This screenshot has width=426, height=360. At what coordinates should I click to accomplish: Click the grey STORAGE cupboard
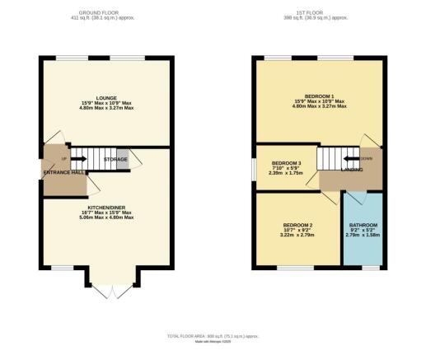pos(123,159)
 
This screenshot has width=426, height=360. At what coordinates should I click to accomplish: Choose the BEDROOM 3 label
pos(287,163)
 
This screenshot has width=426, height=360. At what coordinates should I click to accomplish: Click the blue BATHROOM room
pos(363,231)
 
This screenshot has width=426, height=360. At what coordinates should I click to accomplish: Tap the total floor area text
pos(212,337)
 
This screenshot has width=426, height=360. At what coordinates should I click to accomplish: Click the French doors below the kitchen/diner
pos(105,288)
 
